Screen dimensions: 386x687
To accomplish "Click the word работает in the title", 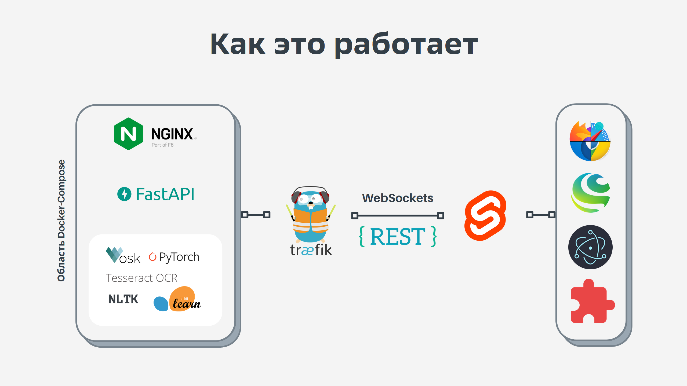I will pos(406,44).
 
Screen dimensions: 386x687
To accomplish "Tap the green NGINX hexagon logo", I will pos(128,134).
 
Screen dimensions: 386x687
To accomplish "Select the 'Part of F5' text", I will pos(162,145).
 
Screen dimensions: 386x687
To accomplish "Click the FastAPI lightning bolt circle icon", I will pos(124,194).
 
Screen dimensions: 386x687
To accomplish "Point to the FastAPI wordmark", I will pos(165,194).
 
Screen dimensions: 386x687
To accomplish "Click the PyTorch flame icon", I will pos(152,257).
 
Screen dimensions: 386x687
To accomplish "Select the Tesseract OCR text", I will pos(141,278).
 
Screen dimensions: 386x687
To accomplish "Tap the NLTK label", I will pos(123,299).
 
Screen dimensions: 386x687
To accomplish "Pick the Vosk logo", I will pos(123,256).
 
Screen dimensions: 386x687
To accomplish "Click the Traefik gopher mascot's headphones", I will pos(310,191).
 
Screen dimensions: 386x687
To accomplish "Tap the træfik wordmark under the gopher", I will pos(311,250).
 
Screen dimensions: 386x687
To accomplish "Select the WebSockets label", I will pos(398,198).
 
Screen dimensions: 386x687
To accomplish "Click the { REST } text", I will pos(398,236).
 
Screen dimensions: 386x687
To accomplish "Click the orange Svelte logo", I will pos(485,215).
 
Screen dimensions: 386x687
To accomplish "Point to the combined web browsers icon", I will pos(590,141).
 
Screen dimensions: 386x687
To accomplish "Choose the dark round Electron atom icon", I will pos(590,247).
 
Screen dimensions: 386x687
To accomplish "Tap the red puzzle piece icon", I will pos(591,302).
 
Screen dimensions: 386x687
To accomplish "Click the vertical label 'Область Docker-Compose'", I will pos(61,220).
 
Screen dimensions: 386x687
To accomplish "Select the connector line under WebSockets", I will pos(398,215).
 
